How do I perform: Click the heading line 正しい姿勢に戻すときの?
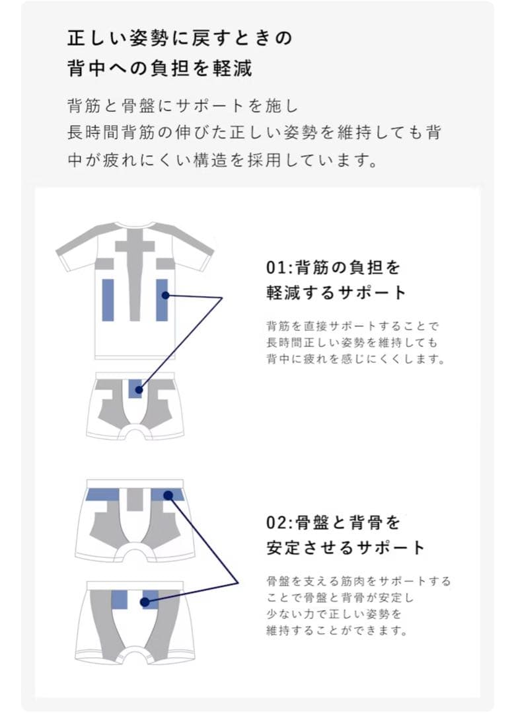(179, 38)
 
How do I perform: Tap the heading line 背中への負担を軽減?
(160, 67)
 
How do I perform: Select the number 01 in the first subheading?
(274, 268)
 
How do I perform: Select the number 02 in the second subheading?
(274, 523)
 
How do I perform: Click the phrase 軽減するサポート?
(336, 293)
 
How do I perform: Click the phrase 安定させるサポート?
(346, 548)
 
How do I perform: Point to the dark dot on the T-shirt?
(165, 295)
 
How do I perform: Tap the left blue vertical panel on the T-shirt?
(108, 299)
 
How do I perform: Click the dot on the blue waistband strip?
(168, 495)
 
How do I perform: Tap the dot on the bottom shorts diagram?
(145, 602)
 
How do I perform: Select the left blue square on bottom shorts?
(119, 599)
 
